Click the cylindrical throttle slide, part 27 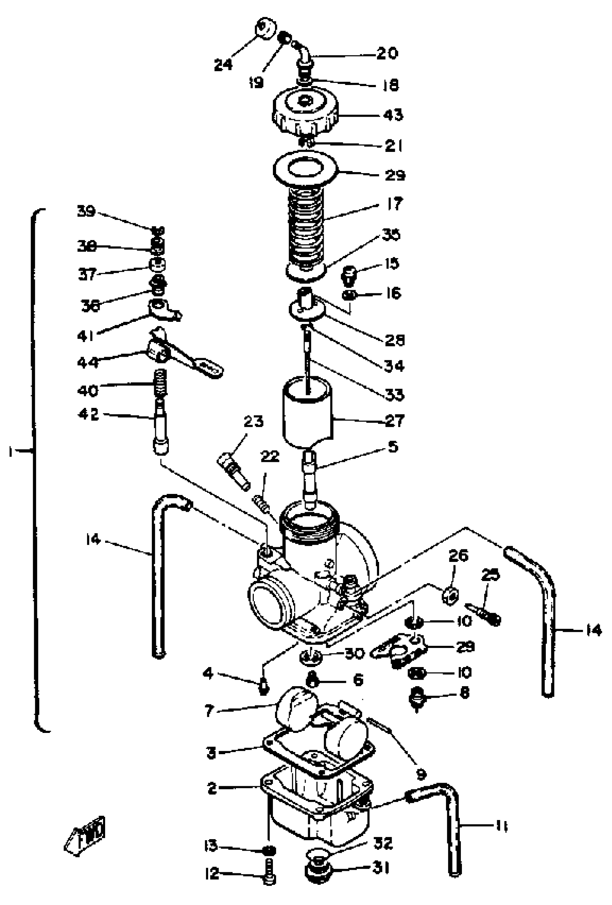coord(307,413)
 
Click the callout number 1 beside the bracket coord(11,452)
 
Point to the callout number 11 coord(501,825)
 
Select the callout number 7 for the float coord(209,711)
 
